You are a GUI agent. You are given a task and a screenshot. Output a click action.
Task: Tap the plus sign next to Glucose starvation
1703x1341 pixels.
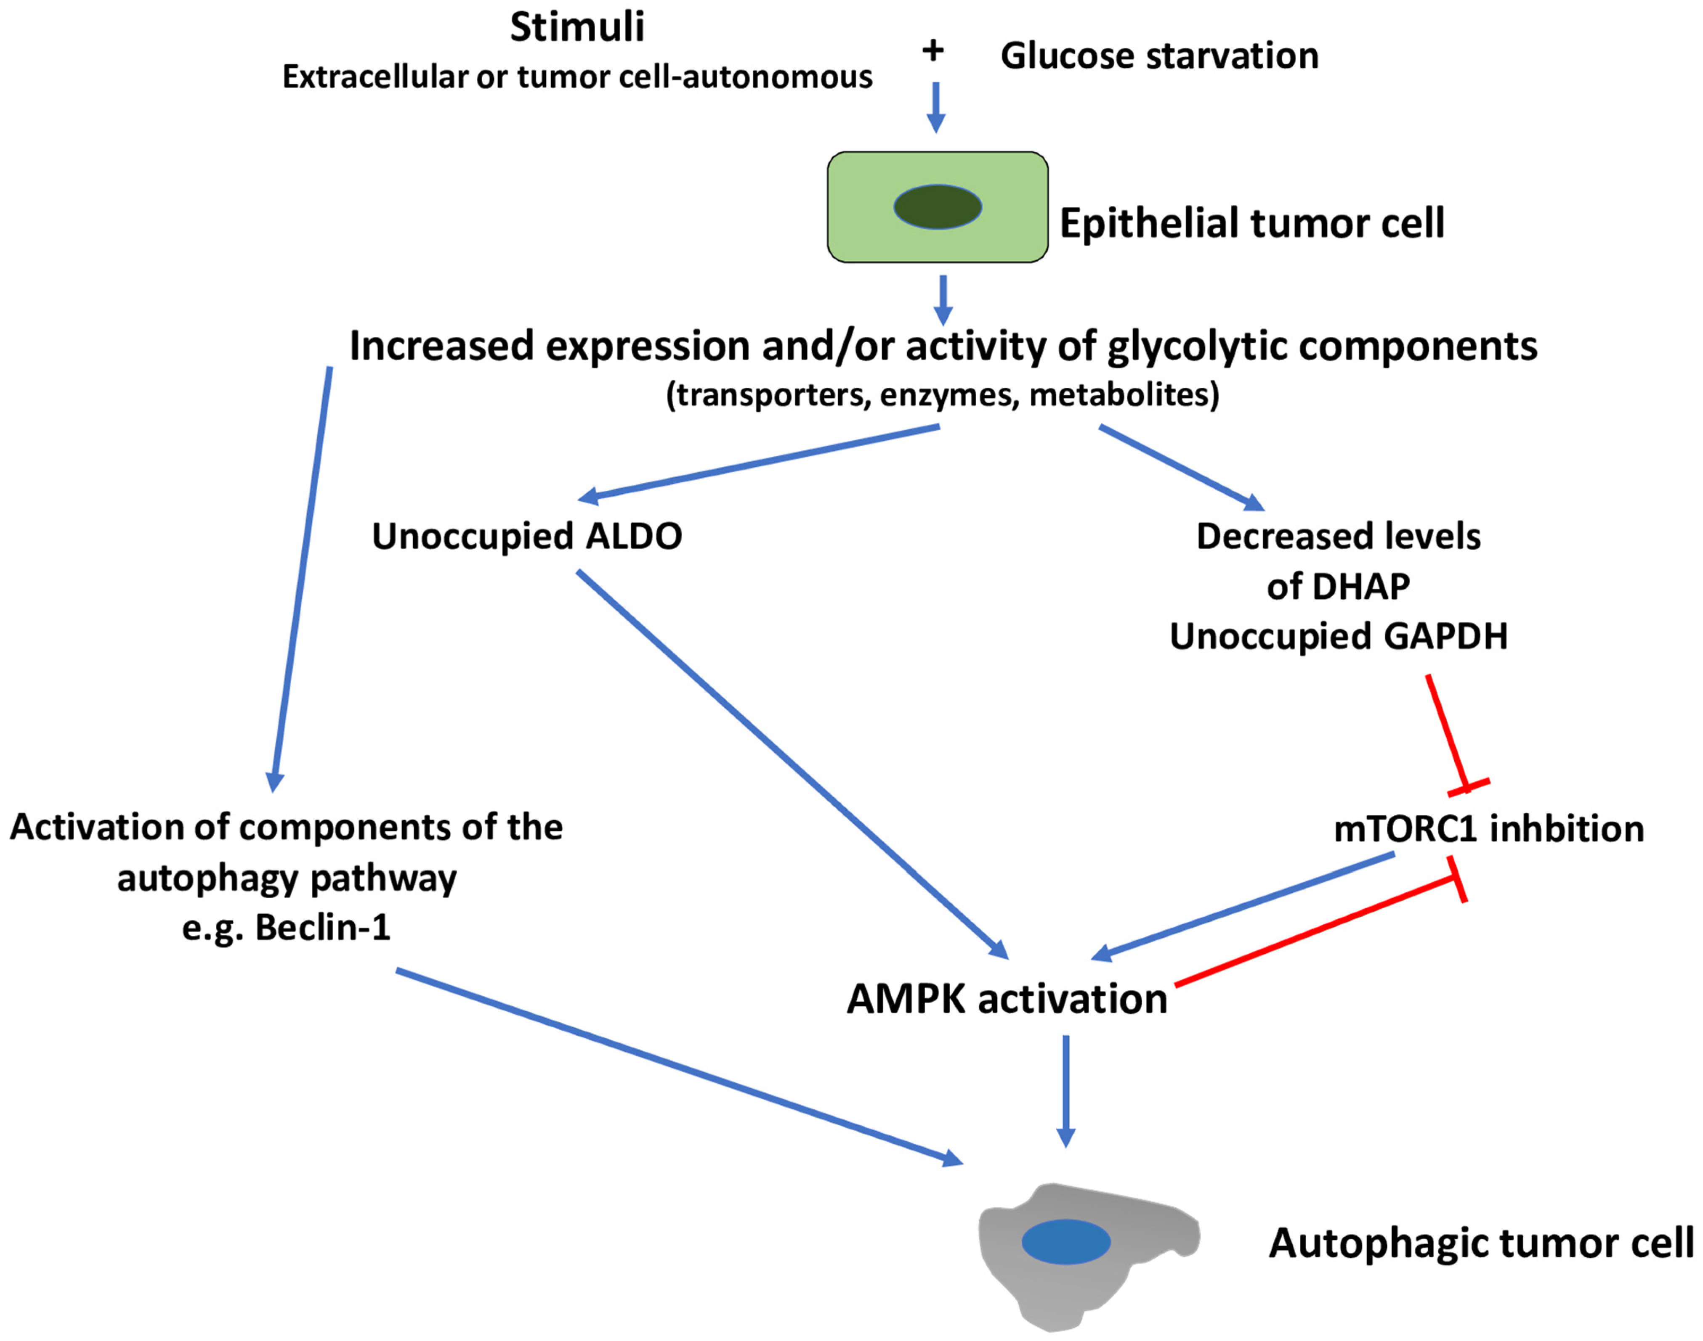click(x=933, y=51)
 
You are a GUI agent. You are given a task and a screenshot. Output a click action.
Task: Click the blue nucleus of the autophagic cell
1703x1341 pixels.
click(x=1066, y=1241)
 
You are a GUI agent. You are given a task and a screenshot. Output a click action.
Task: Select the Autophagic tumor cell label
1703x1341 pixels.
click(x=1481, y=1243)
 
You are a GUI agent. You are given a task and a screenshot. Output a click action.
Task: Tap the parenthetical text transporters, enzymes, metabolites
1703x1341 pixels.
click(x=943, y=394)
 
